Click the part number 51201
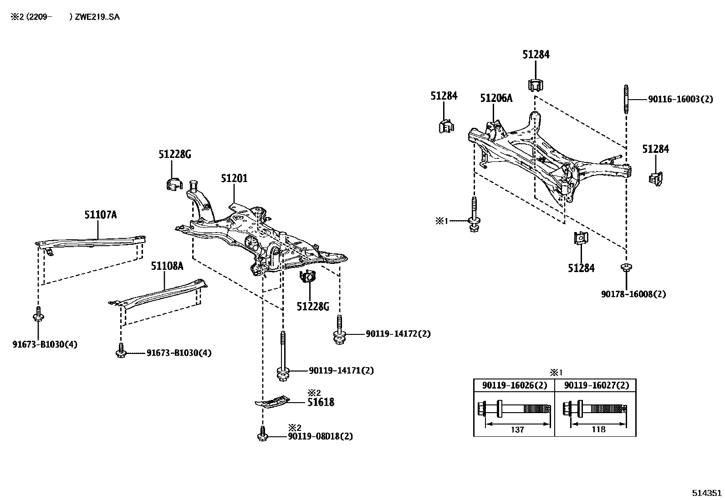pyautogui.click(x=234, y=178)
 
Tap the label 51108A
pyautogui.click(x=167, y=266)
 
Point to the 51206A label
pyautogui.click(x=496, y=98)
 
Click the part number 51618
pyautogui.click(x=321, y=402)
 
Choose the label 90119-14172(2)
pyautogui.click(x=398, y=334)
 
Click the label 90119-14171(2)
pyautogui.click(x=341, y=370)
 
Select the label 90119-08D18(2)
pyautogui.click(x=320, y=436)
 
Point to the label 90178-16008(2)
pyautogui.click(x=633, y=294)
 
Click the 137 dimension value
pyautogui.click(x=518, y=429)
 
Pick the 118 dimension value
pyautogui.click(x=598, y=429)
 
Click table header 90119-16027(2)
pyautogui.click(x=596, y=385)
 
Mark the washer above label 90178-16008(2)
pyautogui.click(x=626, y=267)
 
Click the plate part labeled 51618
pyautogui.click(x=272, y=401)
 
